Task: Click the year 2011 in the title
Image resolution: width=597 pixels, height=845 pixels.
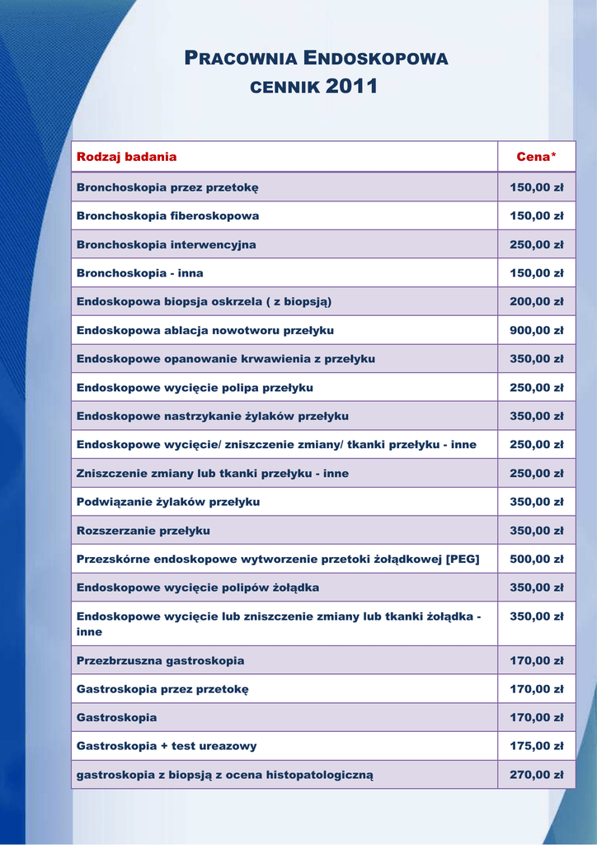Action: tap(352, 86)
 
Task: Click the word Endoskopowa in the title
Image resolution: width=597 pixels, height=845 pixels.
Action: tap(376, 59)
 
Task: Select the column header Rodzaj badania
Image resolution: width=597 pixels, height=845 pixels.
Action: tap(126, 157)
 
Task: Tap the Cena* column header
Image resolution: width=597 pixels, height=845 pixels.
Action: tap(536, 157)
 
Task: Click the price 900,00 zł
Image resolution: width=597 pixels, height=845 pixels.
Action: tap(536, 330)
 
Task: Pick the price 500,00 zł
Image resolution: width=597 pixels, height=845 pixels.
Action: tap(536, 559)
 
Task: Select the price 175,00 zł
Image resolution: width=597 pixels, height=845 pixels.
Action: tap(536, 746)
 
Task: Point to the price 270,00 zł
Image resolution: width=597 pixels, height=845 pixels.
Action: tap(536, 775)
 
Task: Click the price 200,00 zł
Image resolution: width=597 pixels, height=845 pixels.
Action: tap(536, 301)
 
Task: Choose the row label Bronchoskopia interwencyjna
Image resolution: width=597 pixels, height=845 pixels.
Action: tap(166, 244)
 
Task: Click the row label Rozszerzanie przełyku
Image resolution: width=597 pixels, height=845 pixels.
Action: tap(143, 531)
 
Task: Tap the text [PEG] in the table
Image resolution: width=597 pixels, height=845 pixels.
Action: tap(463, 559)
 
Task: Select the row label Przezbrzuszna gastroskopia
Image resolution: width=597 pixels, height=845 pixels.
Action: tap(160, 660)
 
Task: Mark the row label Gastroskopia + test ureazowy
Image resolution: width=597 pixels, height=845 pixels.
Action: tap(167, 746)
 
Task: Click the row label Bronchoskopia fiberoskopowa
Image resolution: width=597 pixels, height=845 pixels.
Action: tap(167, 216)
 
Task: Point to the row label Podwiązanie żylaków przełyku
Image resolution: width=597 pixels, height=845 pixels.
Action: tap(168, 502)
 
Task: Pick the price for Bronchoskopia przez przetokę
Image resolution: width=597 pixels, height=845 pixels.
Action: tap(536, 187)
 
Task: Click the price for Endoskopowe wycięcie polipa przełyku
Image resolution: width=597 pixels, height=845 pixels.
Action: tap(536, 387)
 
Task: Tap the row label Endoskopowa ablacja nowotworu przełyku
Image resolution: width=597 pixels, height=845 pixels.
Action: tap(204, 330)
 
